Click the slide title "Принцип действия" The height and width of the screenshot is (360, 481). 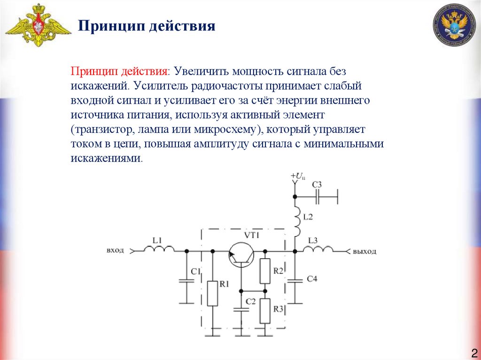tap(146, 25)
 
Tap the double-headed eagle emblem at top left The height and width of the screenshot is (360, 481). tap(38, 26)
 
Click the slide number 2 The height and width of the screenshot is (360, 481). tap(473, 352)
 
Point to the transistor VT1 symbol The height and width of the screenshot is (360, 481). tap(241, 254)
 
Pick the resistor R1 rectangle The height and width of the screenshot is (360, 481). tap(212, 293)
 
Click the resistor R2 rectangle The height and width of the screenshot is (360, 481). tap(265, 271)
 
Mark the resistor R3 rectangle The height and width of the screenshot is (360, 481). tap(265, 311)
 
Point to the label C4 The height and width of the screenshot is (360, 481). tap(312, 279)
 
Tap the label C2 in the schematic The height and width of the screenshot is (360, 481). tap(250, 301)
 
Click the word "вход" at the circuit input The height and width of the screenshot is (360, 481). tap(115, 251)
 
